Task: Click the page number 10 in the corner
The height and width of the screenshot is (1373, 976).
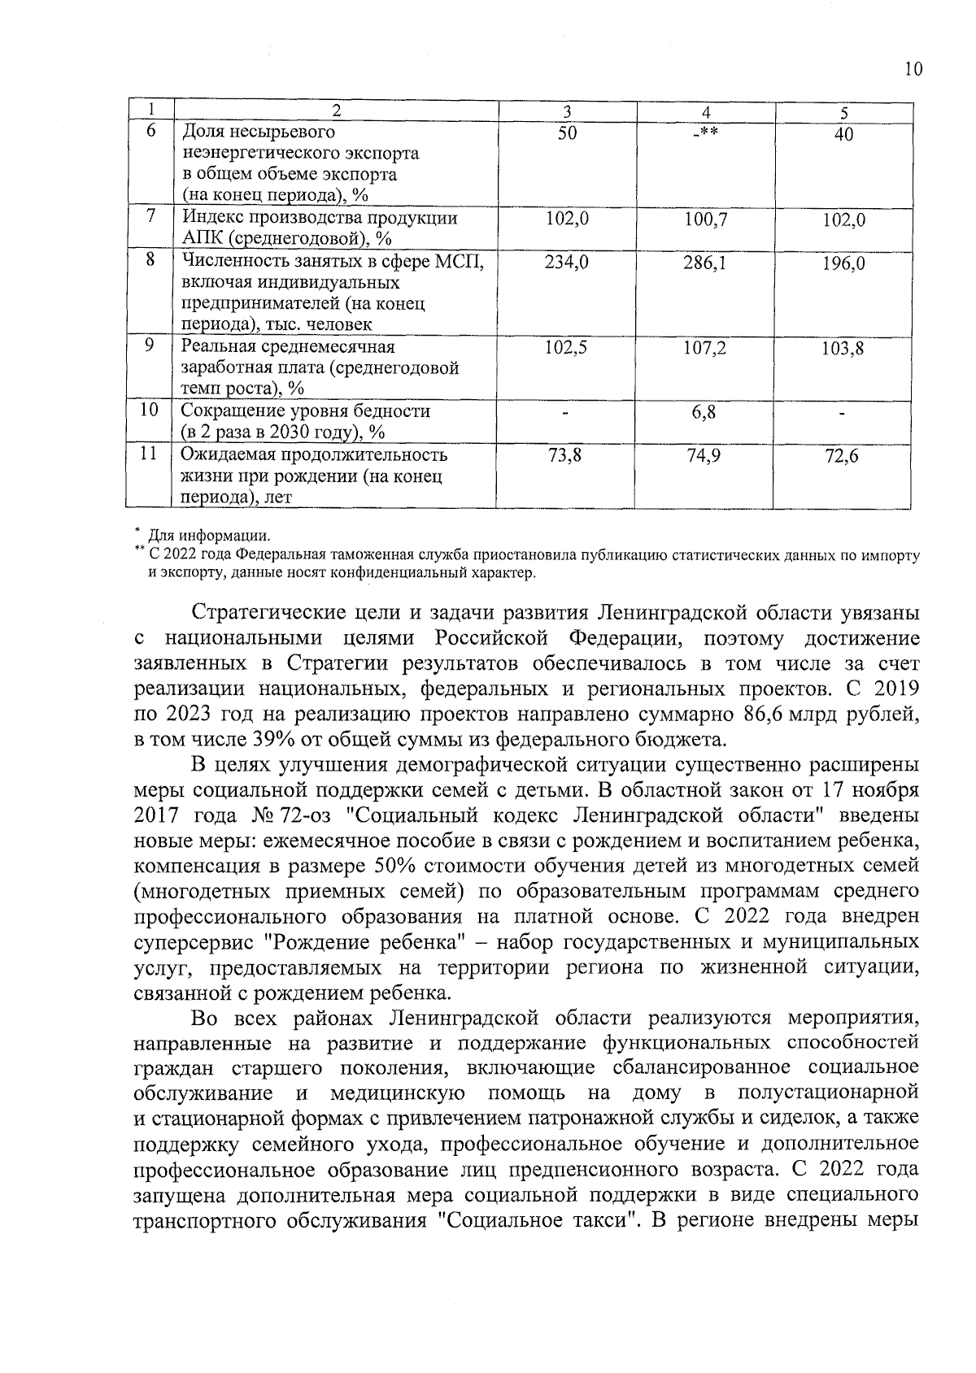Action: tap(913, 69)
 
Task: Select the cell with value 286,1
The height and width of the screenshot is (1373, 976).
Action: tap(704, 263)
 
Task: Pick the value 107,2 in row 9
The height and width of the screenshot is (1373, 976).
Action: tap(704, 349)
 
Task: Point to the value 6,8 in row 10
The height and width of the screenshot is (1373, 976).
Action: tap(704, 412)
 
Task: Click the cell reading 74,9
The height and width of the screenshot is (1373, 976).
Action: tap(704, 456)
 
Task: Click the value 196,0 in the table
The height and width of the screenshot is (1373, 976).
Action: tap(843, 263)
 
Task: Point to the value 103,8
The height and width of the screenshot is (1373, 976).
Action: tap(843, 350)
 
